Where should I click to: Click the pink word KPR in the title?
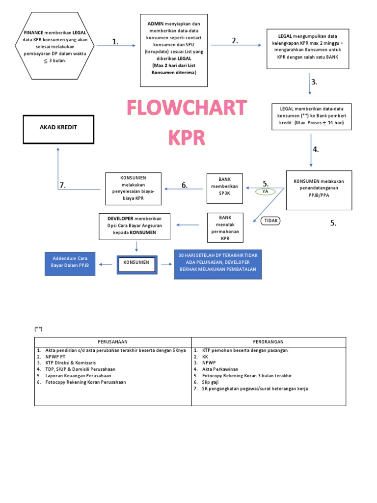pyautogui.click(x=187, y=138)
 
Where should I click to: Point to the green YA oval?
pyautogui.click(x=265, y=191)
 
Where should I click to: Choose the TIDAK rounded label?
pyautogui.click(x=271, y=221)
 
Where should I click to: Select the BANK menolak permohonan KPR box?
pyautogui.click(x=225, y=228)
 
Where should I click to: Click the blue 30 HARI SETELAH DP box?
pyautogui.click(x=217, y=265)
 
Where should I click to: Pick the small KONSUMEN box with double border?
pyautogui.click(x=136, y=265)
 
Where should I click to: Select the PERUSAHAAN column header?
pyautogui.click(x=112, y=342)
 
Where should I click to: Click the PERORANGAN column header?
pyautogui.click(x=269, y=342)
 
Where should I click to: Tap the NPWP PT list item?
pyautogui.click(x=55, y=357)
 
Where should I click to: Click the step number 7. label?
pyautogui.click(x=62, y=185)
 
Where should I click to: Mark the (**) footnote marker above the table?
pyautogui.click(x=38, y=329)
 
